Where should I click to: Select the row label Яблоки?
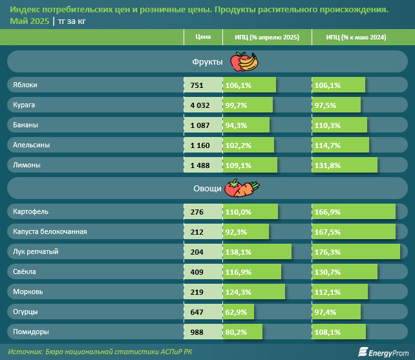[x=25, y=85]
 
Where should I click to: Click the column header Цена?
[x=203, y=37]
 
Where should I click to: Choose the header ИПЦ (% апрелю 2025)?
[x=266, y=37]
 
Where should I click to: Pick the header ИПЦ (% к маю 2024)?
[x=357, y=37]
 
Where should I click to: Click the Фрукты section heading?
[x=207, y=62]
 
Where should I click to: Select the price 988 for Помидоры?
[x=197, y=332]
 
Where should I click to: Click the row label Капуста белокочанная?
[x=50, y=231]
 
